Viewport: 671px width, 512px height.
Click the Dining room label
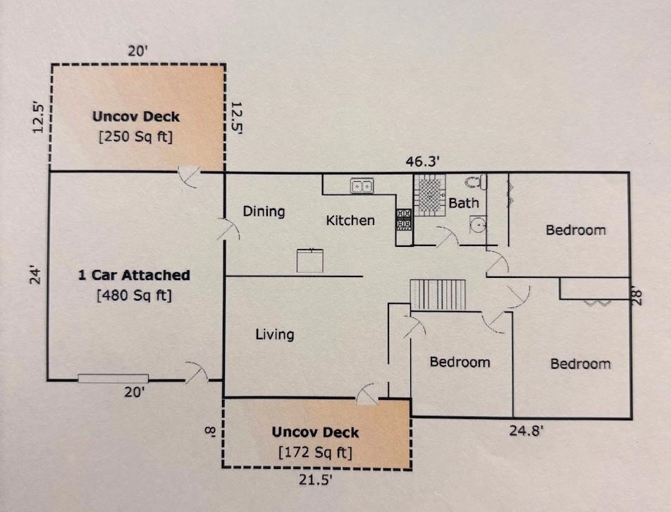(264, 212)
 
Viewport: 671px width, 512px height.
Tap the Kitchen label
(350, 221)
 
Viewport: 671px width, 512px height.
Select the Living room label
(275, 334)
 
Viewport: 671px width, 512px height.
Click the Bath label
(464, 202)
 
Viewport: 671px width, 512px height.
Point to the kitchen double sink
(362, 186)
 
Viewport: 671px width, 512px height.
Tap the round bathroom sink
(478, 224)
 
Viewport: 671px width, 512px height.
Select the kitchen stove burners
(404, 219)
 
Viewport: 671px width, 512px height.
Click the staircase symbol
(438, 295)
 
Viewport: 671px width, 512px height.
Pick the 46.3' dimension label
(422, 161)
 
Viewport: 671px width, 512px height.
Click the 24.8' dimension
(526, 430)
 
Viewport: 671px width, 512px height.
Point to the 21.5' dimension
(315, 480)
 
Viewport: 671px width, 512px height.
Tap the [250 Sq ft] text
(135, 137)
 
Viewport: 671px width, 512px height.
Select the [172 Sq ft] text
(315, 453)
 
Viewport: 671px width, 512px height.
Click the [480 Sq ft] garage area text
(135, 295)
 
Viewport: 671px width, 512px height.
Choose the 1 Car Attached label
(134, 275)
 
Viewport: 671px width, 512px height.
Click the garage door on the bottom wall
(113, 379)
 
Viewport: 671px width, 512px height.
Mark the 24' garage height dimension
(36, 276)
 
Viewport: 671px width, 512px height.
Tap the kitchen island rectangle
(310, 260)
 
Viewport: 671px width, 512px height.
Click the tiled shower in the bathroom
(430, 195)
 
